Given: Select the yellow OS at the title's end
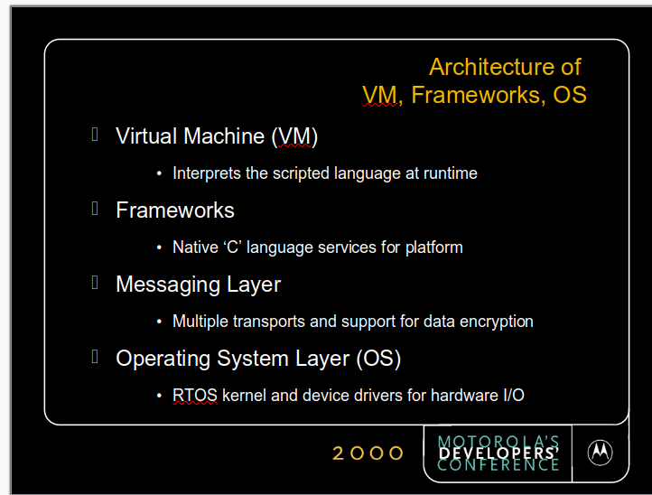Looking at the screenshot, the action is coord(569,95).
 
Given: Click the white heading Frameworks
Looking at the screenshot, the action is coord(175,210).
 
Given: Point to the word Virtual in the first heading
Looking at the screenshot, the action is coord(147,136).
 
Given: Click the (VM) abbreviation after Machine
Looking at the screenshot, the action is coord(294,136).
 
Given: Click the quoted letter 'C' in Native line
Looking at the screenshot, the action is coord(233,247).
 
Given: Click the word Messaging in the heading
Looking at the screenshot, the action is coord(168,285).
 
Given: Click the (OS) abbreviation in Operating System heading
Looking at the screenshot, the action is coord(378,359).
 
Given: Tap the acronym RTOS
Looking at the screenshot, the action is coord(194,395).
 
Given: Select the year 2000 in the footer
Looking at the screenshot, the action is coord(368,453).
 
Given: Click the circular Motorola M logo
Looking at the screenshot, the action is coord(600,453).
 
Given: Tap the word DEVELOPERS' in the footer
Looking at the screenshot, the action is coord(498,453).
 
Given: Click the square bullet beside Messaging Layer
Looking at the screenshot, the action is coord(95,283).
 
